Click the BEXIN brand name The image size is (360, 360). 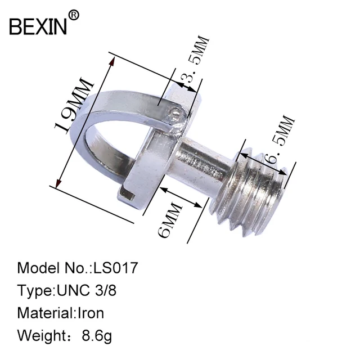pos(38,26)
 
